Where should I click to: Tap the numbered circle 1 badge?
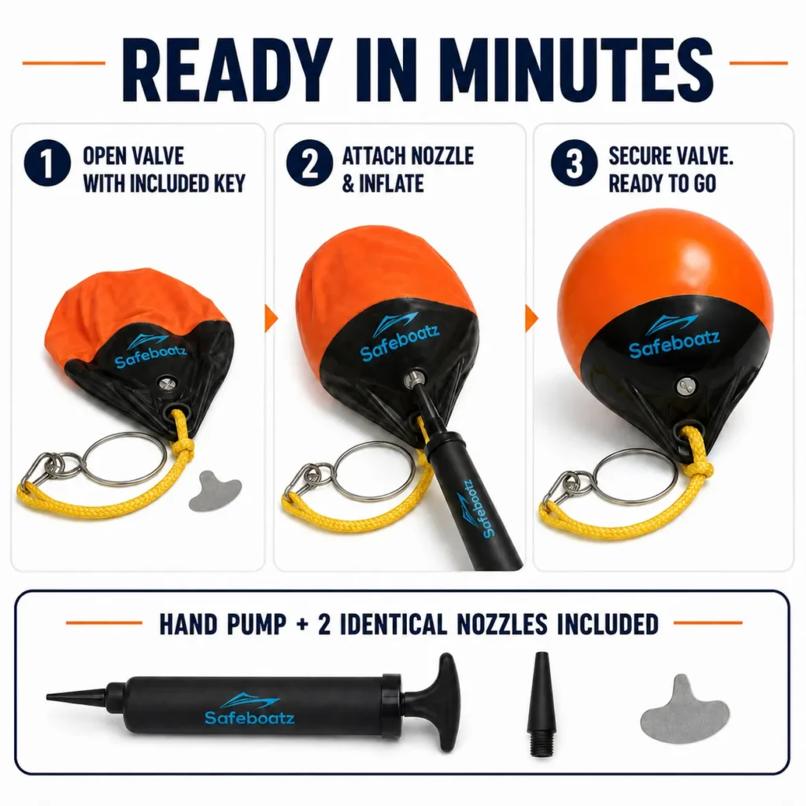click(x=46, y=163)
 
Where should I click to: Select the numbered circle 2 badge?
click(x=309, y=163)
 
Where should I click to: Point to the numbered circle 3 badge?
click(x=574, y=163)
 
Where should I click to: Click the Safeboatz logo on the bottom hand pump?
click(x=250, y=709)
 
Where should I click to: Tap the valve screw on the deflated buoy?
click(x=166, y=383)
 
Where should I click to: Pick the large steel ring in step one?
click(x=124, y=459)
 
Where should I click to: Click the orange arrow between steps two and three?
click(x=532, y=318)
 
